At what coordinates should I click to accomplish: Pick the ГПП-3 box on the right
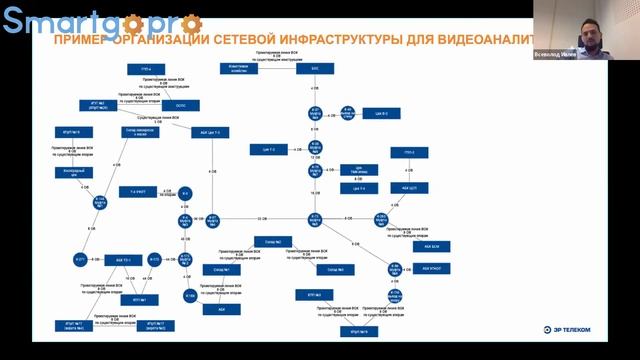pos(408,152)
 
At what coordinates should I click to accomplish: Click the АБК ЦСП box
pos(408,187)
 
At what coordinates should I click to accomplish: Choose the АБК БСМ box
pos(431,245)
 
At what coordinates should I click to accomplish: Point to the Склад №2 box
pos(271,241)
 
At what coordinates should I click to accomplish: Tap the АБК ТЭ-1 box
pos(125,260)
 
